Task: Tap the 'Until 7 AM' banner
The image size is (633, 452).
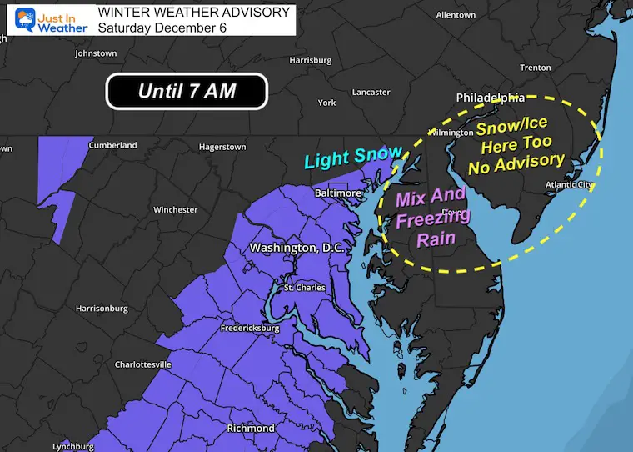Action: (186, 91)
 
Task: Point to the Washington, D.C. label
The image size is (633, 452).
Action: (297, 249)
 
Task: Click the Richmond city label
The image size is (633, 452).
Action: (251, 428)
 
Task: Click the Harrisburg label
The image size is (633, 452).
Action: (310, 60)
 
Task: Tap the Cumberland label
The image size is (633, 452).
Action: (113, 145)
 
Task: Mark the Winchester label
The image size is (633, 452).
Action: (175, 210)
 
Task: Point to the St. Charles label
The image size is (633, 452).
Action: (300, 289)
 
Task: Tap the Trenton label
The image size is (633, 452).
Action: (535, 68)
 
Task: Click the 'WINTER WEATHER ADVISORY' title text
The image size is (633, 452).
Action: (194, 13)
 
